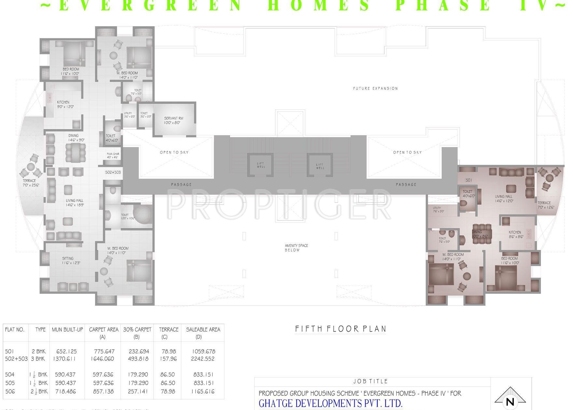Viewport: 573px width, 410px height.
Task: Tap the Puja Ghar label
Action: (113, 156)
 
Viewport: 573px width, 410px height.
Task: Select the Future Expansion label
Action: (375, 89)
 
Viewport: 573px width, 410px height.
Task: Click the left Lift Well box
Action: (261, 165)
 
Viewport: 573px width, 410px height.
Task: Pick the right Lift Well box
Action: (320, 166)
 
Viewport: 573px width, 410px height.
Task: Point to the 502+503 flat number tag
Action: (113, 172)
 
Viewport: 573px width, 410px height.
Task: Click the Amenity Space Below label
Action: (296, 248)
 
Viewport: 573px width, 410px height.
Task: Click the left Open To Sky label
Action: (174, 152)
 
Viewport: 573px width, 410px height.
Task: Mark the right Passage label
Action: (406, 184)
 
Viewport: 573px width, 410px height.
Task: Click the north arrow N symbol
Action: (510, 401)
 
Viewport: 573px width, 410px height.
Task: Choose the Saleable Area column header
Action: (203, 330)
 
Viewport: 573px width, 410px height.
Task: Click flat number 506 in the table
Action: (10, 391)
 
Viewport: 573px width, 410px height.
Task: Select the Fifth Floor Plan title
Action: (340, 329)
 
